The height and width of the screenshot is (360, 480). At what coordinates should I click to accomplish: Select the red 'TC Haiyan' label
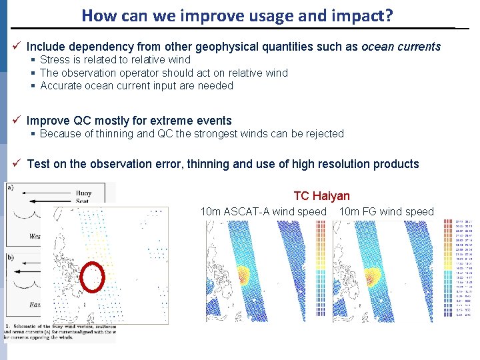coord(321,196)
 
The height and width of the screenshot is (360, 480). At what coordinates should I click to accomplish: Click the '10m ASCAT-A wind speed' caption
coord(263,212)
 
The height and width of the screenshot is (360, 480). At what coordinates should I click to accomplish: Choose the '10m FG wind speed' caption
coord(386,212)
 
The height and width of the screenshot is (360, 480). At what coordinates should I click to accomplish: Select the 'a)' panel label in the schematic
coord(10,188)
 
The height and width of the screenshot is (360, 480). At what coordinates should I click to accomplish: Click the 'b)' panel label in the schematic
coord(10,256)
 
